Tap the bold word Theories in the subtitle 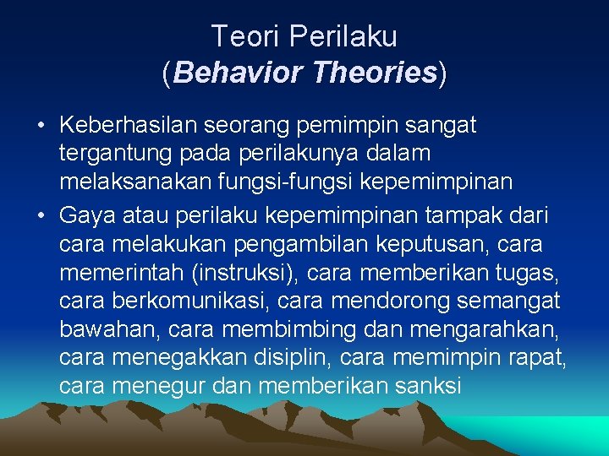pyautogui.click(x=374, y=73)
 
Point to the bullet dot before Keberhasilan pyautogui.click(x=41, y=127)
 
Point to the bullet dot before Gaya pyautogui.click(x=41, y=217)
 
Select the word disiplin pyautogui.click(x=284, y=358)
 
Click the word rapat pyautogui.click(x=541, y=358)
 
